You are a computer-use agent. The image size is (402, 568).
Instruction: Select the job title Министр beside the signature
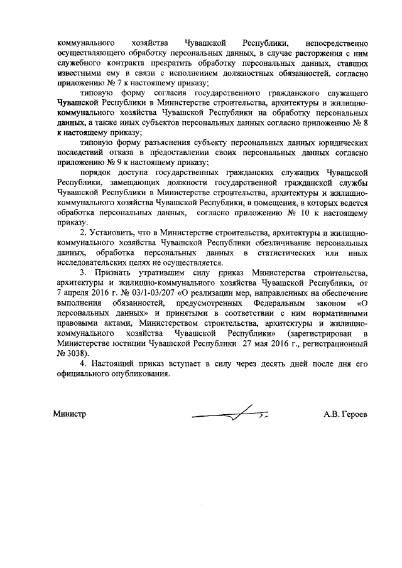(x=69, y=414)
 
